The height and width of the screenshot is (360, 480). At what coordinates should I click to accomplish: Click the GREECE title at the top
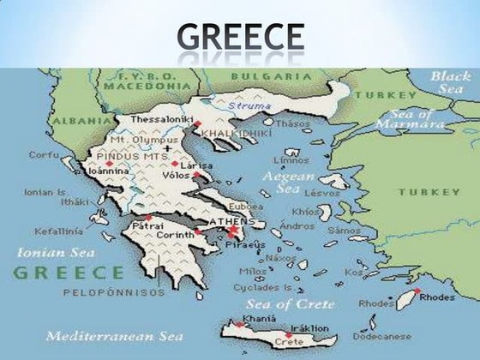click(x=240, y=37)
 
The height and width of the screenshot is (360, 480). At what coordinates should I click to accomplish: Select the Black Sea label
click(x=450, y=83)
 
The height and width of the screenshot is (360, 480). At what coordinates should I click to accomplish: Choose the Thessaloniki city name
click(x=161, y=118)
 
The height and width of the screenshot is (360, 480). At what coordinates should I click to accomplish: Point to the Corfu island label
click(x=44, y=155)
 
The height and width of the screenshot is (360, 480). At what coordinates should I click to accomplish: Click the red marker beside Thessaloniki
click(x=196, y=124)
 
